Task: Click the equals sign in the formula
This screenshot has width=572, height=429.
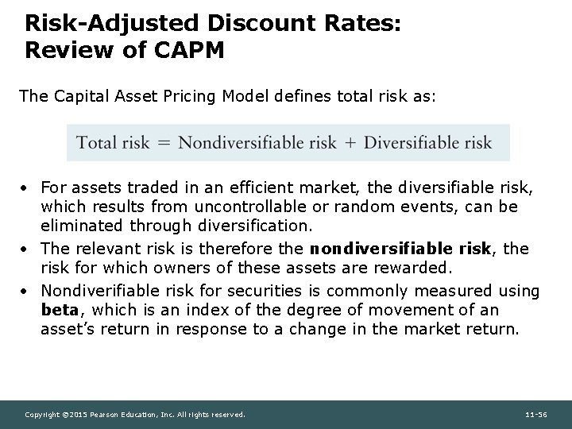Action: [164, 144]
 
